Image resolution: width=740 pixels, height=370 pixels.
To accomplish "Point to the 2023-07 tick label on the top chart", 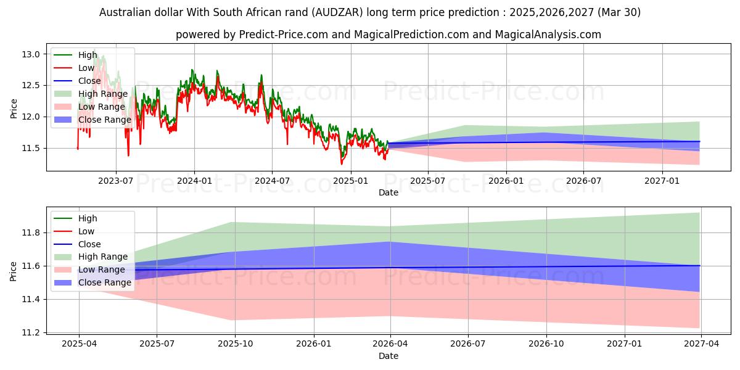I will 116,181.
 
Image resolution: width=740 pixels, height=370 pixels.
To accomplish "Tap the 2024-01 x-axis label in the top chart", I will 194,181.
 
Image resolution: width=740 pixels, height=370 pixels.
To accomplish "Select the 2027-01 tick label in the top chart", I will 662,181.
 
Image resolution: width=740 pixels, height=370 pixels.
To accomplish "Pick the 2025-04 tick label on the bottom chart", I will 79,344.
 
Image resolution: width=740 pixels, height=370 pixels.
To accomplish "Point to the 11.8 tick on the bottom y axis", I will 32,232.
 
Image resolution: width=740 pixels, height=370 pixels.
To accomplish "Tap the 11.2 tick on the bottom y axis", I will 32,332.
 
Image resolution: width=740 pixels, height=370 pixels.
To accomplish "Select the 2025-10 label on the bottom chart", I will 235,344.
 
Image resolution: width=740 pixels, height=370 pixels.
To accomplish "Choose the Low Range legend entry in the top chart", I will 101,107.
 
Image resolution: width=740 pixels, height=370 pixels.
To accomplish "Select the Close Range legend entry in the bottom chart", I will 104,282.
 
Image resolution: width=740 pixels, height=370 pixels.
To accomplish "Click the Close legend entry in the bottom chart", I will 89,244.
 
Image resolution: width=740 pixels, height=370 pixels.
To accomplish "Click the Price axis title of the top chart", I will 14,108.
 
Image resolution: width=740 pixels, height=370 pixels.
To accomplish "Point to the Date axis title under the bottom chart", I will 388,356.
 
